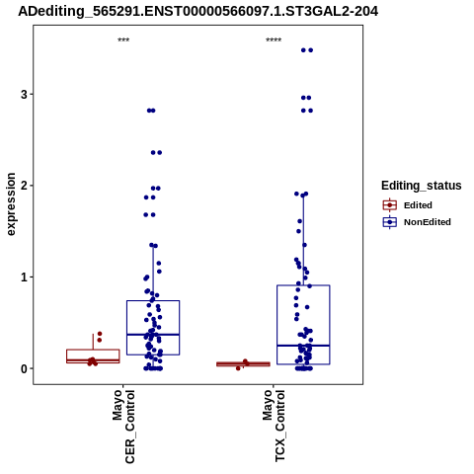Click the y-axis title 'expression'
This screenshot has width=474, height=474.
[x=11, y=204]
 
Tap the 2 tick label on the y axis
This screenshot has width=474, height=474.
[x=24, y=186]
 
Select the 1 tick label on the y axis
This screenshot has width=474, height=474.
[x=24, y=277]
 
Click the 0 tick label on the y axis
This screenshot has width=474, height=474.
[x=24, y=368]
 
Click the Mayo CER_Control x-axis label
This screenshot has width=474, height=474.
[x=123, y=427]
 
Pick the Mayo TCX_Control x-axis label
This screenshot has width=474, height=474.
[x=274, y=426]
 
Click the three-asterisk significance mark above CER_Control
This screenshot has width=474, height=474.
[x=123, y=40]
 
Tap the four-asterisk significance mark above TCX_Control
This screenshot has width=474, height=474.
[x=274, y=40]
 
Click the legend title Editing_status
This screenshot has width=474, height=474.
[x=422, y=186]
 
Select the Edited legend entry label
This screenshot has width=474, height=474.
[x=418, y=205]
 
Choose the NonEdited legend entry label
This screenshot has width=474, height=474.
[x=428, y=222]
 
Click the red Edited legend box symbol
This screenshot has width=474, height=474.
[x=390, y=205]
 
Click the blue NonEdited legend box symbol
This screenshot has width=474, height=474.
[x=390, y=222]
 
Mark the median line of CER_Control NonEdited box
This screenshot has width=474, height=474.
[x=153, y=335]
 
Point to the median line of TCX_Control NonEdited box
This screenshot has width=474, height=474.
[x=303, y=346]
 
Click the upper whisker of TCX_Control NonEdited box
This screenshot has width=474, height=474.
[x=303, y=240]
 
